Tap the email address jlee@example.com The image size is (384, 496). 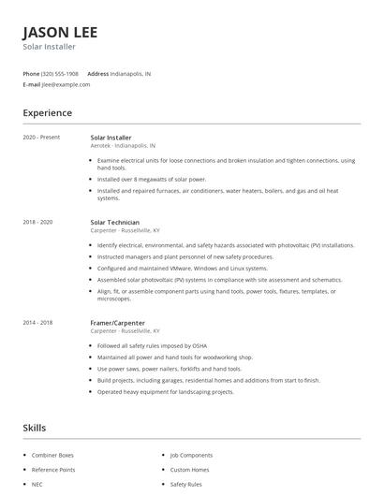(66, 84)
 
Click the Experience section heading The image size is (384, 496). (47, 113)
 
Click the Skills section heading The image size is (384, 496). (34, 428)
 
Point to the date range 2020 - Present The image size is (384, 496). (41, 138)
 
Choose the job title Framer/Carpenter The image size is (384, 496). (118, 322)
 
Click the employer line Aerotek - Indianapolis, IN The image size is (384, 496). (123, 146)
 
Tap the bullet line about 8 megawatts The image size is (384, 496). (152, 179)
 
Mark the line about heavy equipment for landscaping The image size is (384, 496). (165, 392)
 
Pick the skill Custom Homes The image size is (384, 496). (190, 469)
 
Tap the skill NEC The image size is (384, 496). (37, 484)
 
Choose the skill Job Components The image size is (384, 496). (192, 455)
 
